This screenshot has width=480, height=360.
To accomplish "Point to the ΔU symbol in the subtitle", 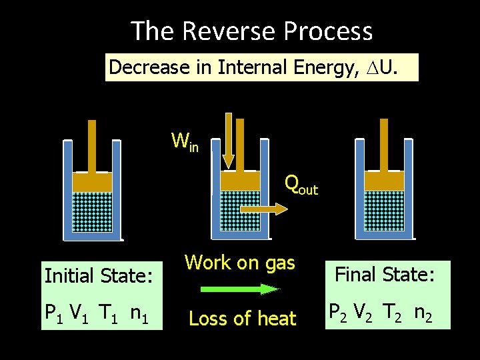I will point(389,67).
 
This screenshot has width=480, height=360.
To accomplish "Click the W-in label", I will point(185,141).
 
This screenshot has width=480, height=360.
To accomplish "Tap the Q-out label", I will point(301,185).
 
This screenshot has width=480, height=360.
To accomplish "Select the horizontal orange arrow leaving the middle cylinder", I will point(263,209).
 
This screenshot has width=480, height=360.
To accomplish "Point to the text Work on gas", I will point(240,263).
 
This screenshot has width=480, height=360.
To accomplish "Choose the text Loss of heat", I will point(242,319).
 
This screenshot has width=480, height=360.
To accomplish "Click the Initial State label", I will point(99,275).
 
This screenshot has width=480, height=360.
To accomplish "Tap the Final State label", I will point(385,274).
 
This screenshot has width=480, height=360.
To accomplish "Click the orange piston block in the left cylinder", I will point(92,181).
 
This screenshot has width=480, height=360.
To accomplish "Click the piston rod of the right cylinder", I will point(383,144).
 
